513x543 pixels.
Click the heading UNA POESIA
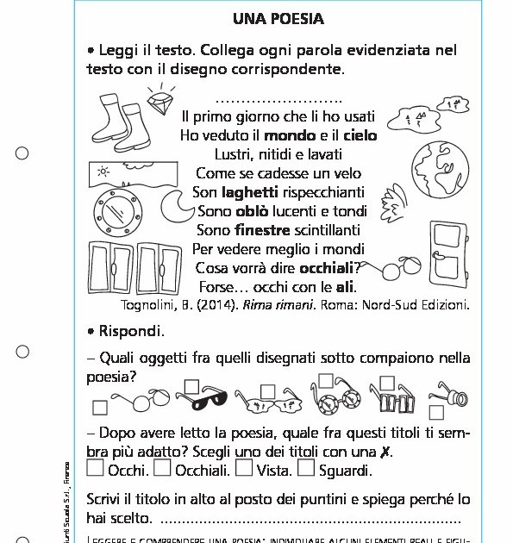tap(278, 18)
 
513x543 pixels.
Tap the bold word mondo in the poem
tap(290, 135)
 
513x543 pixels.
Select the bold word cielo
tap(360, 135)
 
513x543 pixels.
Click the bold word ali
tap(346, 287)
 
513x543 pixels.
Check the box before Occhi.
tap(96, 469)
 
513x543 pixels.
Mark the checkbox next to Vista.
tap(244, 469)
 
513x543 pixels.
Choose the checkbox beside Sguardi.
tap(306, 469)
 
